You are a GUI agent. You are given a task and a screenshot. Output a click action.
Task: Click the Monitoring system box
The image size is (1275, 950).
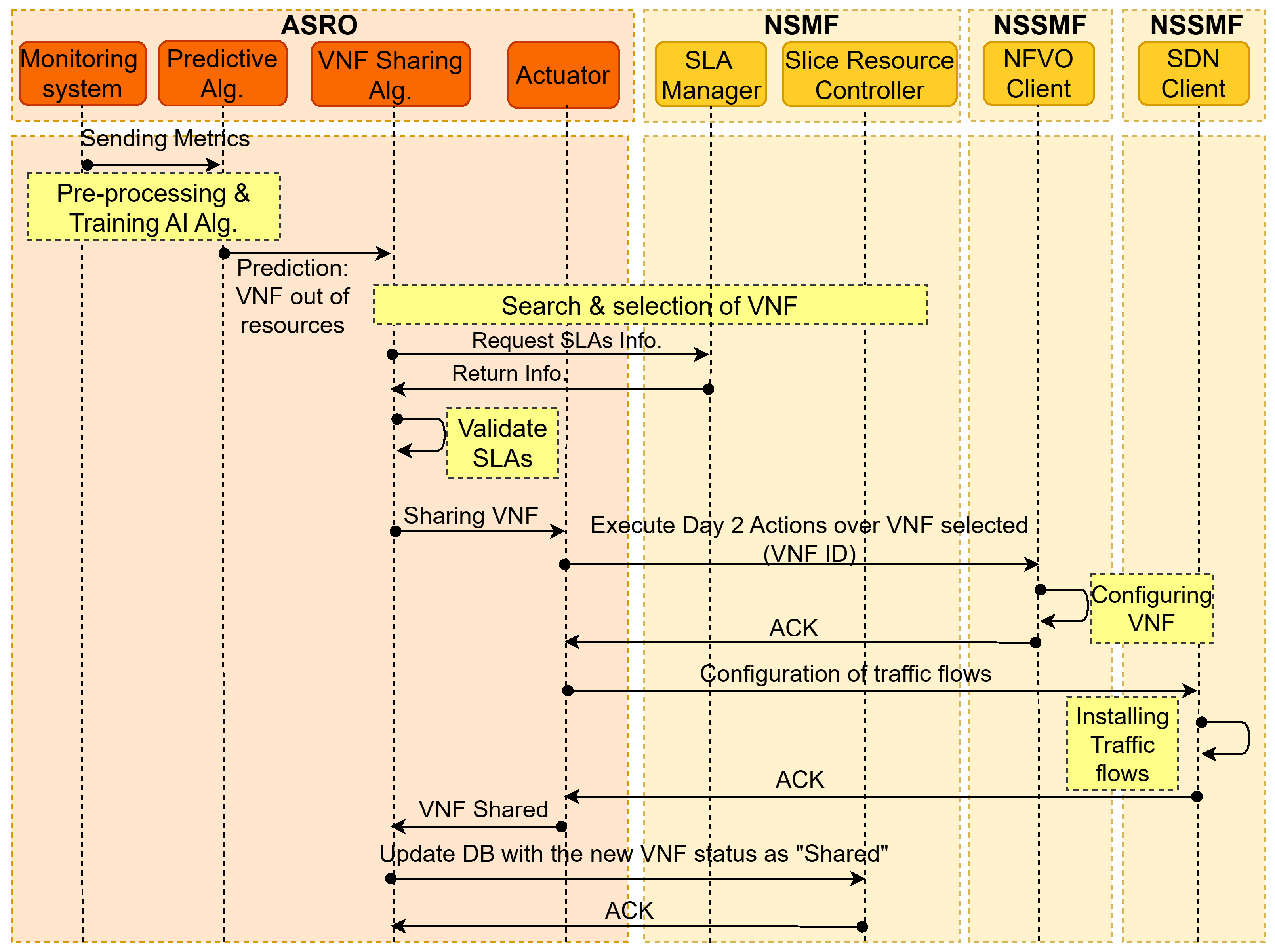tap(82, 73)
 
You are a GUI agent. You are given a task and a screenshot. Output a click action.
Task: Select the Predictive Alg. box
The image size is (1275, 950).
tap(223, 73)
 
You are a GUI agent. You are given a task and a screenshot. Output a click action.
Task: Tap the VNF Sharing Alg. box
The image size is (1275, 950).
tap(391, 74)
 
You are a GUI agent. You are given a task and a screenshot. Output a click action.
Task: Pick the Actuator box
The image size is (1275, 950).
tap(563, 75)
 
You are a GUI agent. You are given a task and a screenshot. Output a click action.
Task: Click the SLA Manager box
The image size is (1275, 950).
tap(711, 74)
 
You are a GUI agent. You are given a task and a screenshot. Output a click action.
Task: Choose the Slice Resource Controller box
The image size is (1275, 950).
tap(869, 74)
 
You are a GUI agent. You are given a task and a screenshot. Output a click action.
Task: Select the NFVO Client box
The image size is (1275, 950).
tap(1039, 73)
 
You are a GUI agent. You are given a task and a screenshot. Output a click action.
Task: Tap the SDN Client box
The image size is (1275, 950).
tap(1193, 73)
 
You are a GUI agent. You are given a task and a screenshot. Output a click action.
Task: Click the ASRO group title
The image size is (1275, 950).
tap(319, 25)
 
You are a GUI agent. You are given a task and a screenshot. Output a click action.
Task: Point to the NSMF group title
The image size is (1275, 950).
tap(801, 25)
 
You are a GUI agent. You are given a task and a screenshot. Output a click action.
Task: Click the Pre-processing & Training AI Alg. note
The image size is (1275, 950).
tap(154, 207)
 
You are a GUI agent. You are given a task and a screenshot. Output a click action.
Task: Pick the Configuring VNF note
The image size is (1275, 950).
tap(1151, 608)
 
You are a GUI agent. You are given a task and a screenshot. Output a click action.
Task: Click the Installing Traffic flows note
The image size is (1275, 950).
tap(1122, 744)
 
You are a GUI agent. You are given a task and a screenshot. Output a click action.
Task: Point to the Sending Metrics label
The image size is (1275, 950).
tap(164, 139)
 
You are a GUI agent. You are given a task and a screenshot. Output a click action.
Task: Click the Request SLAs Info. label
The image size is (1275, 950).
tap(567, 340)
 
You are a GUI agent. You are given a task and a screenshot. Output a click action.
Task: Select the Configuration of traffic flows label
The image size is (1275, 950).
tap(845, 673)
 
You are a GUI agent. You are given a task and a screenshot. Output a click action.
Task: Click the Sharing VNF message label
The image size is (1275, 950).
tap(471, 515)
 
